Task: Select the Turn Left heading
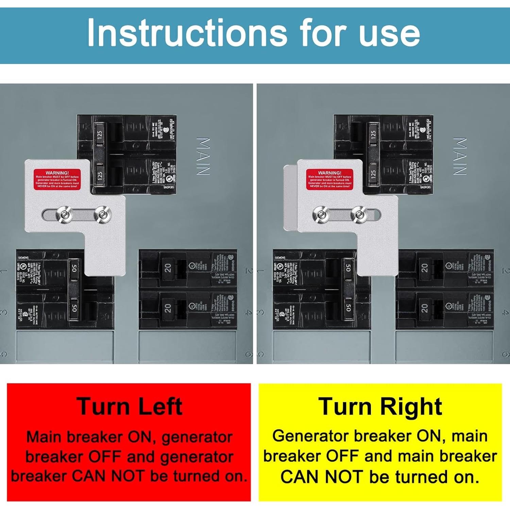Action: [x=130, y=406]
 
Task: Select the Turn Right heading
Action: [x=380, y=406]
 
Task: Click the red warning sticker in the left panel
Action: [x=57, y=180]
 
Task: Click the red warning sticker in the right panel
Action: [x=329, y=180]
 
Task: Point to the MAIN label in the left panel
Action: [x=203, y=156]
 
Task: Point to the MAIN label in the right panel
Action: [x=460, y=156]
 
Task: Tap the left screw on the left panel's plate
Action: [x=64, y=215]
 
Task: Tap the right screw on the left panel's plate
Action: [x=102, y=215]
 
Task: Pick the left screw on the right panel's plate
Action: [x=320, y=214]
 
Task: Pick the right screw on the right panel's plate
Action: [x=359, y=214]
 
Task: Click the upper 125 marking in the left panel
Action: [x=99, y=135]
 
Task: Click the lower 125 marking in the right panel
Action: [x=373, y=174]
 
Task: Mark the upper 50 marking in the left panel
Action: [x=74, y=268]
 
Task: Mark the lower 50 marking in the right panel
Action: [x=348, y=308]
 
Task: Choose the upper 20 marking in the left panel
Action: [x=168, y=268]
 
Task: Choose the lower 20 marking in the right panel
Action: [x=425, y=308]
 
